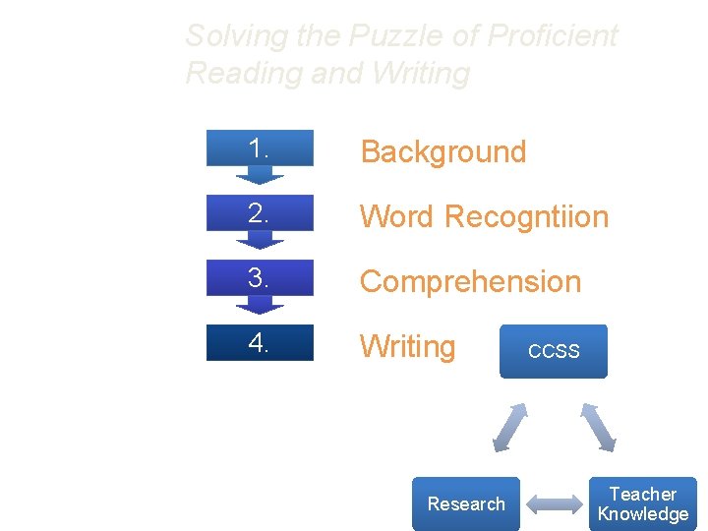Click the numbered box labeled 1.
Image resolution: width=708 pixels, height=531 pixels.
260,148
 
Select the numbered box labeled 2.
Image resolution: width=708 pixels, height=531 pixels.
260,213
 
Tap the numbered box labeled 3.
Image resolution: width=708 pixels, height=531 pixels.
260,278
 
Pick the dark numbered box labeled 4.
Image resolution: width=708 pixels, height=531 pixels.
260,342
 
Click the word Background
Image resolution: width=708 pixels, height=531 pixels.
443,151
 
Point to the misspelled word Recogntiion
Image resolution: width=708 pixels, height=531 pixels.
527,216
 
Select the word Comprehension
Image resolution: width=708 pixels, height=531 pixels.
470,281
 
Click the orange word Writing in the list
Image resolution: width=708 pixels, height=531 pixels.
407,346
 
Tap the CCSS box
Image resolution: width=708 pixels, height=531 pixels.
554,351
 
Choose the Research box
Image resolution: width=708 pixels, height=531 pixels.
466,503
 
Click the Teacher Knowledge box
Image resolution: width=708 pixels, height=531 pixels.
643,503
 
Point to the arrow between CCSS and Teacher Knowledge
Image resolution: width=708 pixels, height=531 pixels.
598,426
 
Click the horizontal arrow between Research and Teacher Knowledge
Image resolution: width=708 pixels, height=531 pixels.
554,503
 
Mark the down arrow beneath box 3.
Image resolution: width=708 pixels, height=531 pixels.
260,305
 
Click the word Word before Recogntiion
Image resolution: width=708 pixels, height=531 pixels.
398,216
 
